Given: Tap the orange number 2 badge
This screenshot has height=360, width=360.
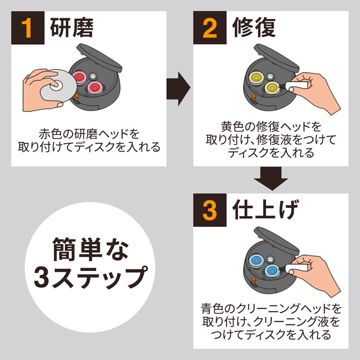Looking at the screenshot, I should coord(210,28).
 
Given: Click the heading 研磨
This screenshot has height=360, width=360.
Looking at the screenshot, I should coord(72,28).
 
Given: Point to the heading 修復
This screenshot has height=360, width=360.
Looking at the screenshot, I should coord(254,28).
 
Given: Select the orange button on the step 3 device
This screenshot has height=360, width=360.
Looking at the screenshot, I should coord(253,281).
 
